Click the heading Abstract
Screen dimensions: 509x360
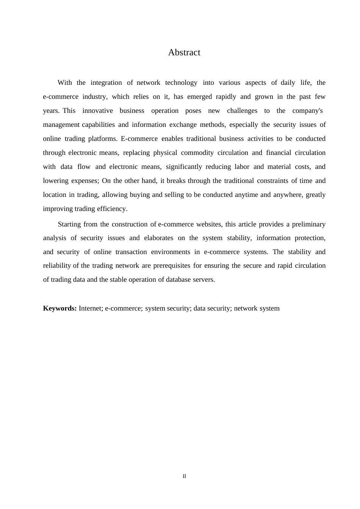184,53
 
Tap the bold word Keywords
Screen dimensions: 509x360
60,308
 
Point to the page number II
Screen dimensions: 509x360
184,476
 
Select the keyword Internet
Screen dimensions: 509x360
90,308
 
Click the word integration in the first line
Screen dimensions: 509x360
106,83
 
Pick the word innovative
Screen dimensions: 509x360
97,111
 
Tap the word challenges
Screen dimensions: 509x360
242,111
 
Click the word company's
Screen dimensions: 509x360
307,111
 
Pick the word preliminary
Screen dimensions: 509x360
308,224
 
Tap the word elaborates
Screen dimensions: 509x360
158,238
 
